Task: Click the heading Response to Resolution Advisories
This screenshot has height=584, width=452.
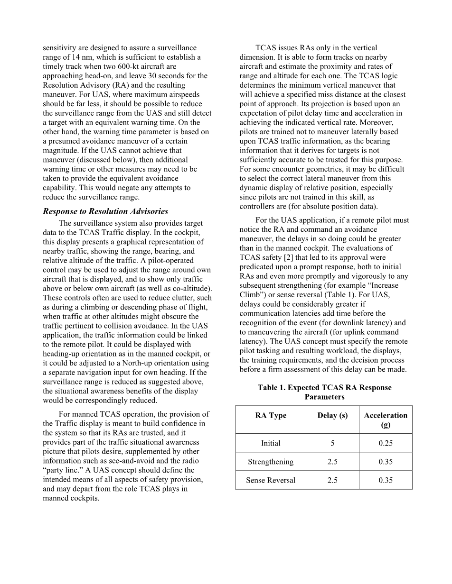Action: [x=105, y=211]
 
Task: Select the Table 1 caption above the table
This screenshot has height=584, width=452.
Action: [x=324, y=392]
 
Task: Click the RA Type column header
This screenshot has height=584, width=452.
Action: [x=271, y=415]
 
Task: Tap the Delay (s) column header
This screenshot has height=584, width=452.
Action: [x=332, y=415]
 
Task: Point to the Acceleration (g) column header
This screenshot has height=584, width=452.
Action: [x=386, y=420]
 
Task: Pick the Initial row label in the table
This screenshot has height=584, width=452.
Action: [x=271, y=443]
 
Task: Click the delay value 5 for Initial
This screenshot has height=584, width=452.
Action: [x=332, y=443]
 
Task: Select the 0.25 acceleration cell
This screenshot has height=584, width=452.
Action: [x=386, y=443]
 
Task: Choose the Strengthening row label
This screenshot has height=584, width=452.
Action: [x=271, y=462]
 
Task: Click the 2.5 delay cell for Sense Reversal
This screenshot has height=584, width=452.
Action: [x=332, y=480]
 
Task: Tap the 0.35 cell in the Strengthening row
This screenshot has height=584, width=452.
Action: [x=386, y=462]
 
